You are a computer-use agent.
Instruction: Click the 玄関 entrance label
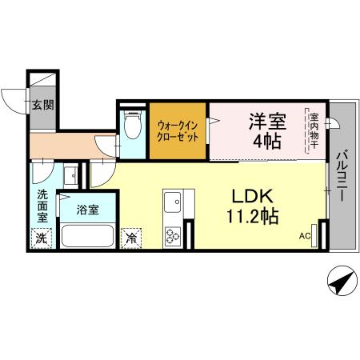tap(43, 104)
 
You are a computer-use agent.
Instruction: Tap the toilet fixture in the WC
tap(133, 128)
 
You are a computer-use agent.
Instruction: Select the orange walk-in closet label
tap(178, 130)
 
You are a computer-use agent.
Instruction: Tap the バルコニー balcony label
tap(341, 175)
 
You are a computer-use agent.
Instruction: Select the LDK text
tap(253, 195)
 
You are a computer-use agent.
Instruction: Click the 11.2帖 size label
tap(253, 217)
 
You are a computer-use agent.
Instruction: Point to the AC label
tap(304, 236)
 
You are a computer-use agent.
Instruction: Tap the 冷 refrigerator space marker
tap(130, 238)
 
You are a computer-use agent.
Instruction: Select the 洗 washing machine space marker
tap(42, 238)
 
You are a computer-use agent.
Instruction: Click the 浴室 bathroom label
tap(87, 210)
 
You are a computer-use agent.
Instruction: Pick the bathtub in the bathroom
tap(87, 237)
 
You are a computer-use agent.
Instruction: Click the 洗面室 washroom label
tap(42, 205)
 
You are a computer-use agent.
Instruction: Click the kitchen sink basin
tap(174, 202)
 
